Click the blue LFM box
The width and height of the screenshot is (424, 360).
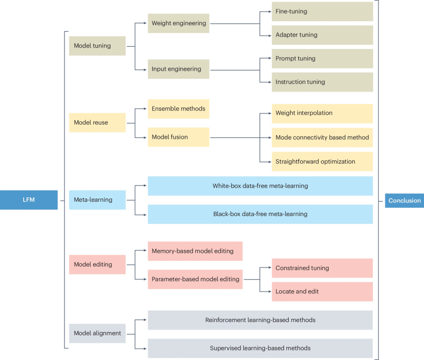[x=29, y=200]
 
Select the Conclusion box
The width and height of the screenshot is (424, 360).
[x=404, y=200]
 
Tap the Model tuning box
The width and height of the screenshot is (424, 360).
[x=97, y=46]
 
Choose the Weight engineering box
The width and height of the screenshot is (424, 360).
[x=179, y=23]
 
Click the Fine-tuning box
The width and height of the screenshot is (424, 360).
[x=322, y=11]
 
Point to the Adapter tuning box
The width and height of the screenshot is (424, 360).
[x=322, y=35]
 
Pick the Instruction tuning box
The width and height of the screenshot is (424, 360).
[x=322, y=82]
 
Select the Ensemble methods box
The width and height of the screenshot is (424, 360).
[x=179, y=109]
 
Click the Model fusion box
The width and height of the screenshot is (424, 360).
[x=179, y=137]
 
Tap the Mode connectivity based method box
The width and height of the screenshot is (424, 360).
[x=322, y=138]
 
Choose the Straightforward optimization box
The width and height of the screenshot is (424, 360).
[x=322, y=162]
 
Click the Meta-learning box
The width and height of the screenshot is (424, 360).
[x=97, y=200]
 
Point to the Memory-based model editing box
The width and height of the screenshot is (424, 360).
[x=195, y=251]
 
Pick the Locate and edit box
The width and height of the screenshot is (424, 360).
[x=322, y=292]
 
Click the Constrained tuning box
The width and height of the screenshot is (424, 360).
[x=322, y=268]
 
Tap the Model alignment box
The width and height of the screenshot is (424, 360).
[x=97, y=334]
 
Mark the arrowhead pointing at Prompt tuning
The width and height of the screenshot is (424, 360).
[x=270, y=58]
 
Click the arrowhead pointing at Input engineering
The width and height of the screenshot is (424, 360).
[x=145, y=70]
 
